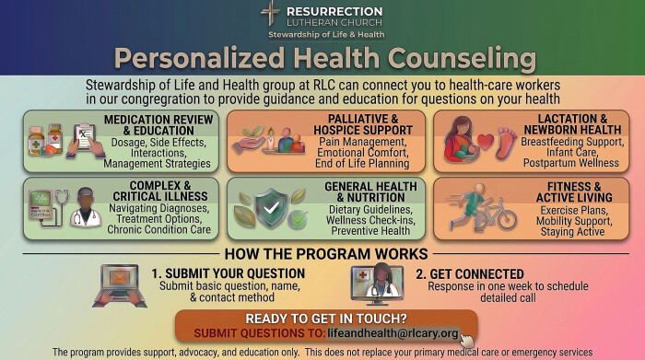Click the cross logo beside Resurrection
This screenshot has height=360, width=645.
click(270, 13)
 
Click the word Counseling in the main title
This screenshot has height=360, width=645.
click(462, 58)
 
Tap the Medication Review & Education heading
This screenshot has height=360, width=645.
click(158, 125)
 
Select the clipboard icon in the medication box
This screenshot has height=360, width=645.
click(86, 140)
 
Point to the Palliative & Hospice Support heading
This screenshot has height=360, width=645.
click(363, 124)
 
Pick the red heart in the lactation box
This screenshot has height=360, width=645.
click(486, 142)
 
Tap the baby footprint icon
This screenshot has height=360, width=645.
click(506, 143)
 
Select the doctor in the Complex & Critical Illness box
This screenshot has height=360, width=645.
click(86, 207)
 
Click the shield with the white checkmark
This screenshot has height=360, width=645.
click(271, 208)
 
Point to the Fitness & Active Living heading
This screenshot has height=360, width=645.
click(574, 192)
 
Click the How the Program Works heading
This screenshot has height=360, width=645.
click(326, 254)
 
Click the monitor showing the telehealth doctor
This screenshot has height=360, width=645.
click(377, 285)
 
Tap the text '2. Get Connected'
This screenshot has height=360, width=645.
click(470, 274)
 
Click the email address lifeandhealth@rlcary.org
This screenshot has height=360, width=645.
click(393, 333)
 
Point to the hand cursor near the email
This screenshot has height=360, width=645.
click(466, 340)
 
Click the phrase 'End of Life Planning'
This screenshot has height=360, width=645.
click(362, 164)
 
